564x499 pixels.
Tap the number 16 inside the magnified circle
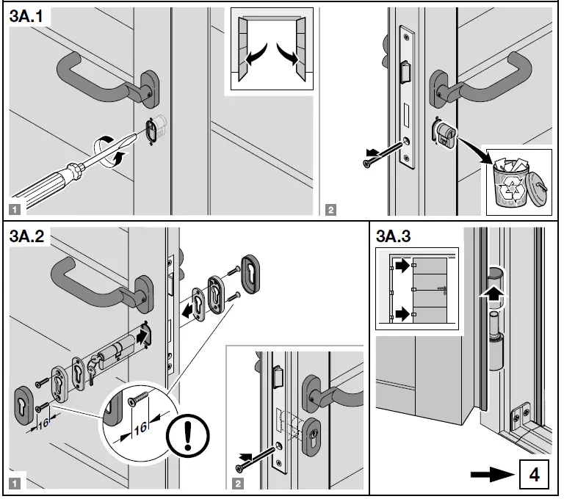pyautogui.click(x=140, y=428)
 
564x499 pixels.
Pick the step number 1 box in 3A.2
pyautogui.click(x=15, y=483)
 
